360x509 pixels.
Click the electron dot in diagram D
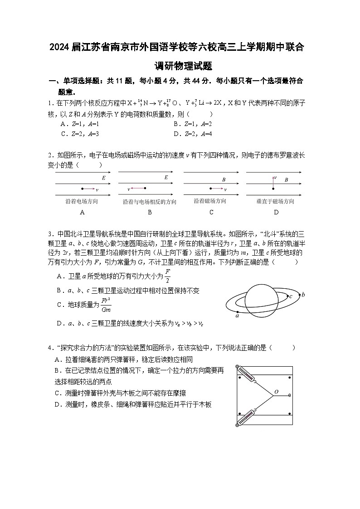(x=273, y=188)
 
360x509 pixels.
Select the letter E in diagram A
(x=103, y=178)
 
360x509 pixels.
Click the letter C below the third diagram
(x=211, y=212)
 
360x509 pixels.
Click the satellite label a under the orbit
(x=237, y=316)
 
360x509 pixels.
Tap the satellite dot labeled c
(x=287, y=296)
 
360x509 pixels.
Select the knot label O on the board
(x=276, y=392)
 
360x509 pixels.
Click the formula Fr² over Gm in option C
(x=106, y=305)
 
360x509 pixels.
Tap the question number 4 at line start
(x=50, y=348)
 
